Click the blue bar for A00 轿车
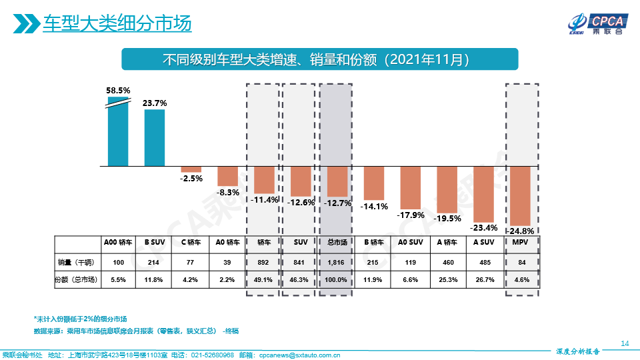point(118,133)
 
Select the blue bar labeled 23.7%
point(155,137)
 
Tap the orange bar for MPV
point(520,195)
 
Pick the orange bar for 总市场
point(337,180)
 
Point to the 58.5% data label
point(118,90)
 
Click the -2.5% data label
point(191,179)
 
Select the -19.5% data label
point(447,218)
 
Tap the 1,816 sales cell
point(337,263)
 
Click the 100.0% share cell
point(337,280)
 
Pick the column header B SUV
point(155,242)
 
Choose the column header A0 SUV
point(411,242)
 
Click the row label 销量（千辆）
point(76,263)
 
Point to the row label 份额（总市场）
point(76,280)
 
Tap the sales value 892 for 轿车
point(264,263)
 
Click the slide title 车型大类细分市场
point(117,24)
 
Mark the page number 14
point(625,343)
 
